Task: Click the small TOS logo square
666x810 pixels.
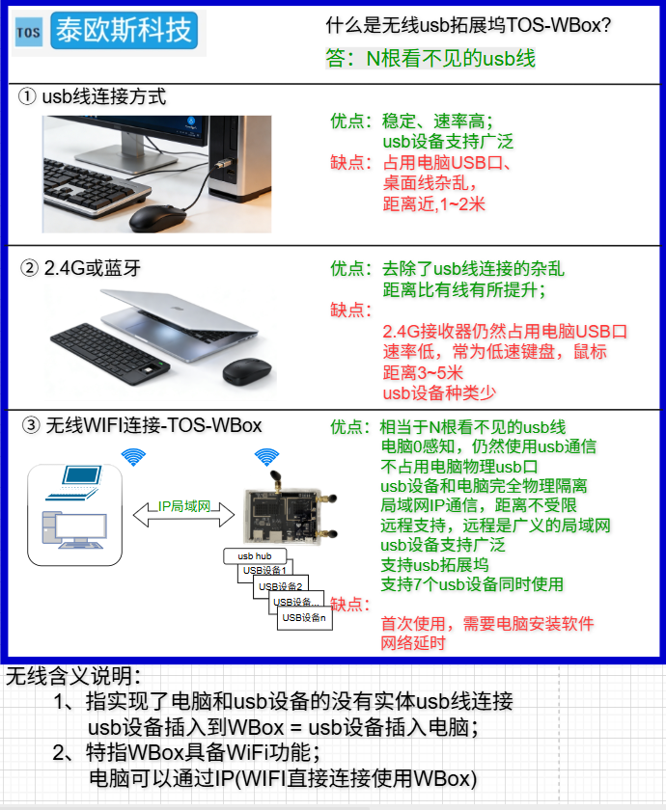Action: (28, 33)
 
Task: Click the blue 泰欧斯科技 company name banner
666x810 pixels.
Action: (125, 31)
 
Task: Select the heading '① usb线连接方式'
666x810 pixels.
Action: (92, 96)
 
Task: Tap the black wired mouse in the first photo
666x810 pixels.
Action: (157, 218)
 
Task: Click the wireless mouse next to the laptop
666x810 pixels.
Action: (247, 371)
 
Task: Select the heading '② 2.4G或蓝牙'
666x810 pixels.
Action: (81, 268)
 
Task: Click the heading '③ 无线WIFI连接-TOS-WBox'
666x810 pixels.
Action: (142, 425)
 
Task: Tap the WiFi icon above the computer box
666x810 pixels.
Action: (133, 457)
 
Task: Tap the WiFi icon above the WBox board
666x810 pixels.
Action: (266, 457)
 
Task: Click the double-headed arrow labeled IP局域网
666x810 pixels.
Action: (184, 514)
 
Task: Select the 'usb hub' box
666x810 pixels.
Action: (255, 555)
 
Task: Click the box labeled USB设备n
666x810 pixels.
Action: (305, 618)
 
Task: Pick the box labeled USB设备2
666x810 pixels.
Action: (281, 586)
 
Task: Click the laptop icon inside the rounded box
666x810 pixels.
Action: (74, 482)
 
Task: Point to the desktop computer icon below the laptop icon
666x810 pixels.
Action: (75, 530)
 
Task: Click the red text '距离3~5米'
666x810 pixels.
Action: (423, 372)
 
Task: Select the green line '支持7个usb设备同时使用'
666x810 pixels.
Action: (472, 584)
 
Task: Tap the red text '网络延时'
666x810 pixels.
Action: (413, 643)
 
